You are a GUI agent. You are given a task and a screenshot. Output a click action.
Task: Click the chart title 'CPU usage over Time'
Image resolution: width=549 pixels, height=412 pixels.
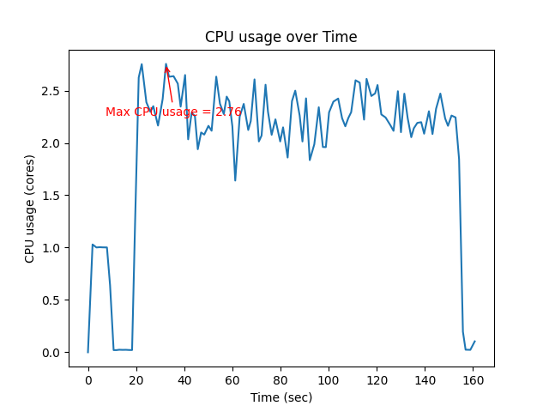[281, 37]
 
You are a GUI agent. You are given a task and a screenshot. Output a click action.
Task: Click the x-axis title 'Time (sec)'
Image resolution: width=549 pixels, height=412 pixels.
[281, 397]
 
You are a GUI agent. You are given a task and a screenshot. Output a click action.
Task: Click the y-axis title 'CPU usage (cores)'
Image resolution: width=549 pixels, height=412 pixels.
[30, 209]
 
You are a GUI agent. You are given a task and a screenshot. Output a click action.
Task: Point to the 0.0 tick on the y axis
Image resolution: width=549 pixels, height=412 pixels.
[54, 353]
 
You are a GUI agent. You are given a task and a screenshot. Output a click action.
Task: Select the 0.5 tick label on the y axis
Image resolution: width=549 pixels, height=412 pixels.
[54, 300]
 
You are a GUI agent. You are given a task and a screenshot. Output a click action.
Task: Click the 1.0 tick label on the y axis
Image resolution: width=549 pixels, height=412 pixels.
[54, 248]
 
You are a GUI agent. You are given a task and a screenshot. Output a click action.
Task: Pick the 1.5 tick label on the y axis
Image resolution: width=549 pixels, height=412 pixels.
[54, 196]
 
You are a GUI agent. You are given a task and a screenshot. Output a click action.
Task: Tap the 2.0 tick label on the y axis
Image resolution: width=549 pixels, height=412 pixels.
[54, 143]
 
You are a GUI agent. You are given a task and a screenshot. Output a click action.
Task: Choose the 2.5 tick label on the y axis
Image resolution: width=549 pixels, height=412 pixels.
[54, 91]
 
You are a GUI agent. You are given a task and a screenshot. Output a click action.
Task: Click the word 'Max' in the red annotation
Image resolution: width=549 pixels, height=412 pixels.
[118, 112]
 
